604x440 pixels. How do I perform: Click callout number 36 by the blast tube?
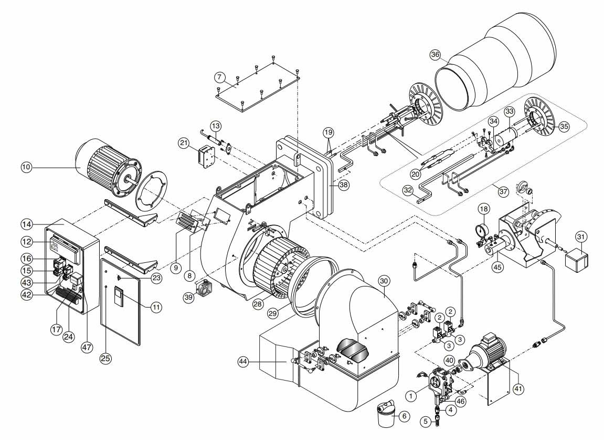435,55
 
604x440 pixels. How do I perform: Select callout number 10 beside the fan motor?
26,167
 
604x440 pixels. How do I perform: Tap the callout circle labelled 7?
219,77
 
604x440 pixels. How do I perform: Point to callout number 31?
581,236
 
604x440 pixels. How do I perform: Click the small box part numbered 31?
576,258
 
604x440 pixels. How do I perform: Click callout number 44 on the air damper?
242,362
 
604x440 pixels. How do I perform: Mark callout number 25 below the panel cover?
105,358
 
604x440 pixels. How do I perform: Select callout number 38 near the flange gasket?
344,185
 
